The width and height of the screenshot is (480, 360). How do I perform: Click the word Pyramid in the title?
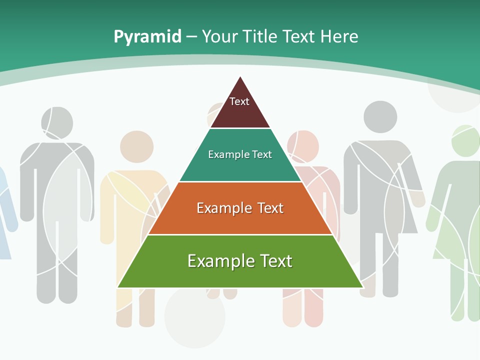[147, 37]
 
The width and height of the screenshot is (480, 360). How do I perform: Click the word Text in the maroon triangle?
[239, 101]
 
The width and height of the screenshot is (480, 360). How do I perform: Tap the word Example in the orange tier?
[223, 208]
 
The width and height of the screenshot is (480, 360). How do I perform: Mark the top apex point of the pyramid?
[240, 76]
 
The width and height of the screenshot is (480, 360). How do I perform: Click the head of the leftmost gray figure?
[56, 123]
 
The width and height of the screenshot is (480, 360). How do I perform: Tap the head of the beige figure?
[136, 146]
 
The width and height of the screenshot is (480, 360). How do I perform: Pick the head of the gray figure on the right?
[380, 117]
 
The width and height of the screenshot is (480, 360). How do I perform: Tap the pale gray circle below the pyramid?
[195, 315]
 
